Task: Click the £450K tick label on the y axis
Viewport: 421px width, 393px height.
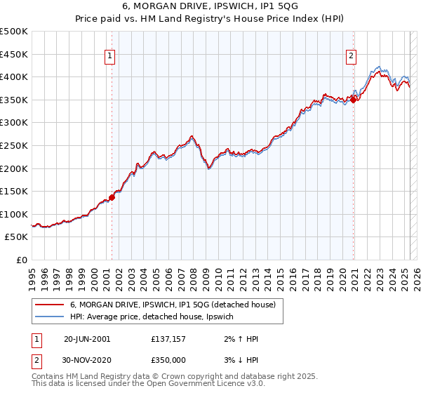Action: [x=15, y=54]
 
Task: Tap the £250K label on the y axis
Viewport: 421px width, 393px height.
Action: [x=15, y=145]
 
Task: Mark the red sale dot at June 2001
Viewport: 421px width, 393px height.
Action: [x=112, y=197]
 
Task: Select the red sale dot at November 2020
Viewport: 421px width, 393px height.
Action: [x=354, y=100]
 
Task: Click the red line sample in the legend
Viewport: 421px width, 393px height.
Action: [x=50, y=305]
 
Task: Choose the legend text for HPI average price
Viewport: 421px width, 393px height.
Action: [x=156, y=317]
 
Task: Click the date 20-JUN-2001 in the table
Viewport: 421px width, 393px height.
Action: [x=87, y=338]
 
